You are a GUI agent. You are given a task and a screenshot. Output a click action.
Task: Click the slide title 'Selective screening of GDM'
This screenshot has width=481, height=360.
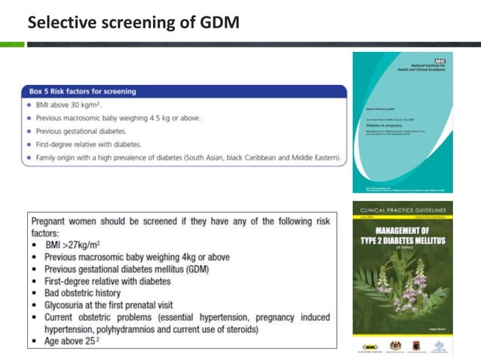(x=133, y=23)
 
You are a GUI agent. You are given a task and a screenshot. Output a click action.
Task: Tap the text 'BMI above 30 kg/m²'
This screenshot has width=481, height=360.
(x=69, y=105)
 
